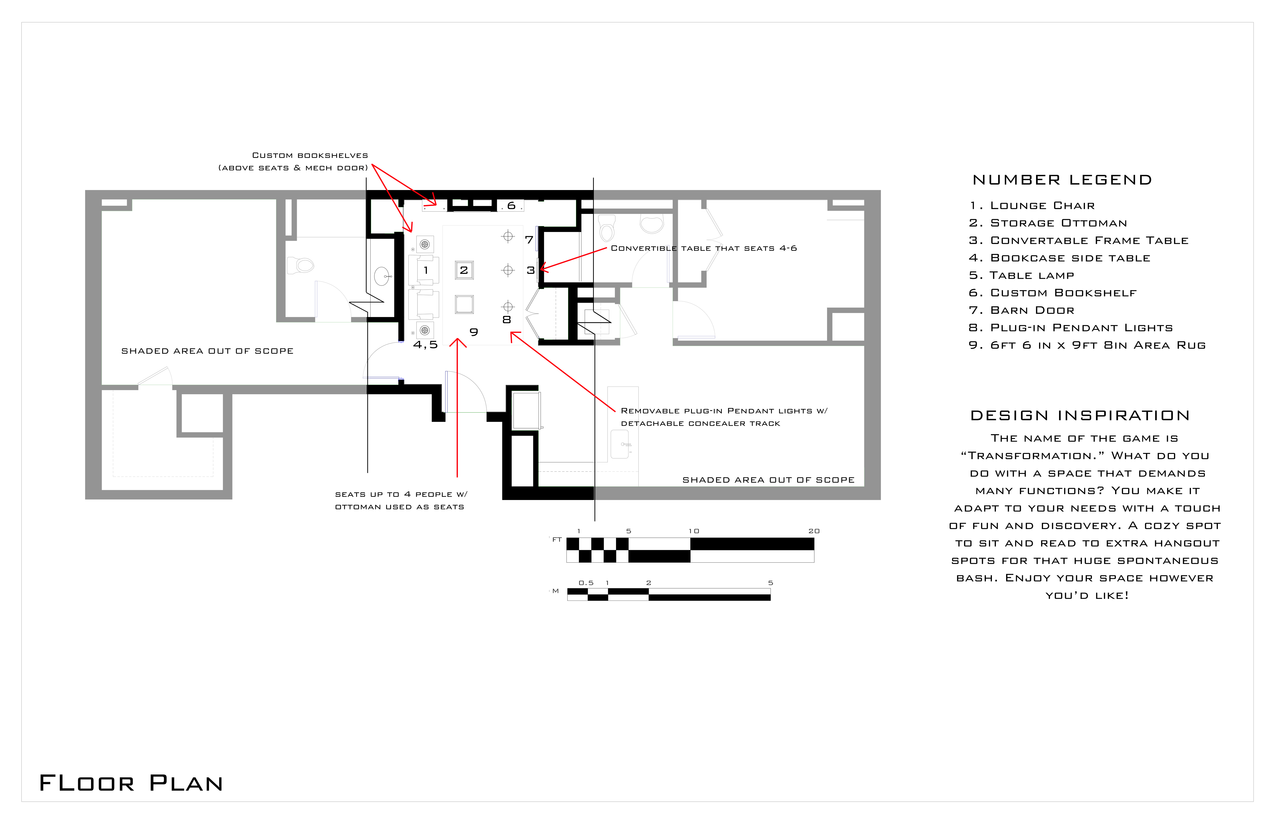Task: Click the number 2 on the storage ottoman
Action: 464,270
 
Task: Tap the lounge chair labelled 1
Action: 424,270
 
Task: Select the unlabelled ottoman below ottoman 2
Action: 464,304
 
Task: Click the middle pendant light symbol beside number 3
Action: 508,270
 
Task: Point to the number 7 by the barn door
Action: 529,240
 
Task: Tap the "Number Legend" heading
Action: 1062,180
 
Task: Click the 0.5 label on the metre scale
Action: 586,583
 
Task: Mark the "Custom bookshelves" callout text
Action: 310,156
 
